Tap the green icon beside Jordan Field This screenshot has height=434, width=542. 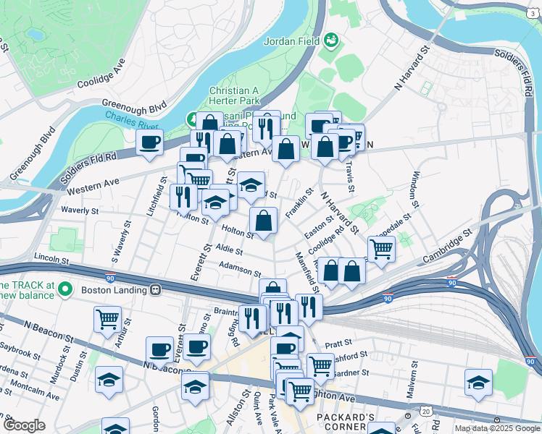[333, 39]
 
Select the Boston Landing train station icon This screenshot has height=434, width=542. [155, 290]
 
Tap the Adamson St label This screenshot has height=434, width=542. [239, 270]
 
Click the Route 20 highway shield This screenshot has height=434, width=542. [425, 411]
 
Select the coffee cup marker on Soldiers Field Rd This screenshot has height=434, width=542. [150, 142]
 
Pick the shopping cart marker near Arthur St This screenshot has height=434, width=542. [107, 318]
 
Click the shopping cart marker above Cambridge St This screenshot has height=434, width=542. [381, 249]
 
